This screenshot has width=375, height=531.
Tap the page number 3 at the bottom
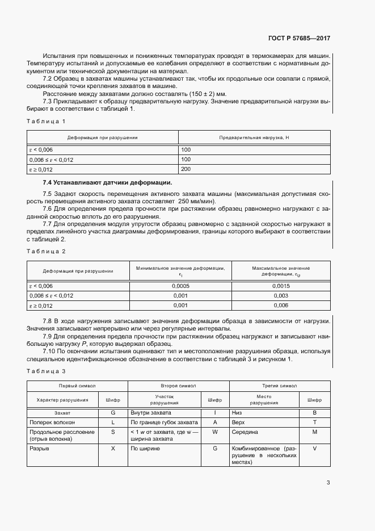coord(328,483)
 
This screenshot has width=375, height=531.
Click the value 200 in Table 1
coord(186,169)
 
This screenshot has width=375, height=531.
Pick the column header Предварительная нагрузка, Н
coord(254,137)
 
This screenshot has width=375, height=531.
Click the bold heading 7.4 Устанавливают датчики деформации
coord(107,182)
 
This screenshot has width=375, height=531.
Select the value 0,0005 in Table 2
coord(180,286)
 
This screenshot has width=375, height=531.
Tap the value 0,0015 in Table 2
coord(281,286)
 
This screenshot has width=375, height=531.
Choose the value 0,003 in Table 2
coord(281,296)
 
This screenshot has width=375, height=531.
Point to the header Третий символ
coord(280,386)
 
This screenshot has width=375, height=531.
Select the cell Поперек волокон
coord(52,423)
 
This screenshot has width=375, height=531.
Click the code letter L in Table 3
coord(113,423)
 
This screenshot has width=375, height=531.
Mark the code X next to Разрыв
coord(113,449)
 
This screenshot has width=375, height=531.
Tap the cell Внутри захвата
coord(151,412)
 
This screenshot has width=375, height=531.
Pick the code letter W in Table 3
coord(215,432)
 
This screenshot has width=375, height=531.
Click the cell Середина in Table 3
coord(245,432)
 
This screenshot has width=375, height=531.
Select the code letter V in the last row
coord(314,449)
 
